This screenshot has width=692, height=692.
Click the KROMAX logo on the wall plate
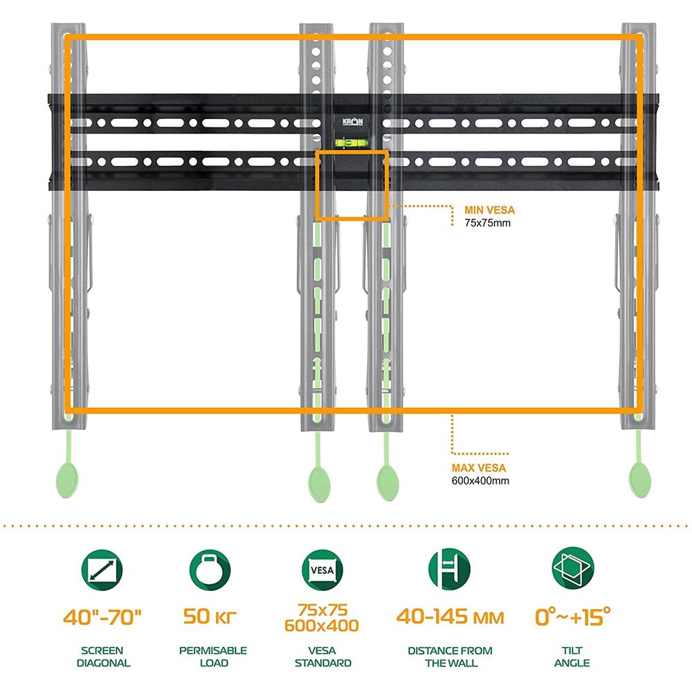tap(353, 121)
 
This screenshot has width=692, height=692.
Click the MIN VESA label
tap(489, 210)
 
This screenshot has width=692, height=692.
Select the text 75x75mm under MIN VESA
tap(487, 223)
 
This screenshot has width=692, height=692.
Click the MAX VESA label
tap(478, 468)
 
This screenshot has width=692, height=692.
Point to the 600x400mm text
tap(480, 481)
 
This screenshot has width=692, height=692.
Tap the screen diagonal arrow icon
tap(102, 570)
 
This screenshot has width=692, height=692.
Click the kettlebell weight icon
tap(210, 570)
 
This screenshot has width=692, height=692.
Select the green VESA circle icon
tap(322, 570)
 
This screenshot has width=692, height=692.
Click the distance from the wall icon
tap(449, 568)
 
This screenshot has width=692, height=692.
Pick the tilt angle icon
tap(573, 568)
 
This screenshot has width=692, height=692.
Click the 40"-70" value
tap(102, 617)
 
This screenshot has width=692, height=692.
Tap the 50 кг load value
tap(210, 617)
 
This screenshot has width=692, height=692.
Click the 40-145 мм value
tap(450, 617)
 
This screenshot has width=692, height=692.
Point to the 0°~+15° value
tap(573, 616)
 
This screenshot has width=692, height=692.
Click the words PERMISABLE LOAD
tap(213, 657)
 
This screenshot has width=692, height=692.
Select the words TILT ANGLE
tap(572, 657)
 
